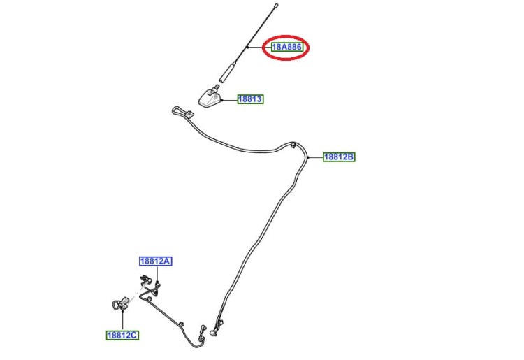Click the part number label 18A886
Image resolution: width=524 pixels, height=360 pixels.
(286, 47)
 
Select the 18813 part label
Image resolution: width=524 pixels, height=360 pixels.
(250, 99)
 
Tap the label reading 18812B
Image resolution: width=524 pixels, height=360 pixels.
(339, 157)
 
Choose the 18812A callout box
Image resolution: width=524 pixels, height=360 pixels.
(156, 261)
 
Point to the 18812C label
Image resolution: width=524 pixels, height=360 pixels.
(123, 336)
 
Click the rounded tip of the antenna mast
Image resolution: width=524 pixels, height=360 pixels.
(276, 6)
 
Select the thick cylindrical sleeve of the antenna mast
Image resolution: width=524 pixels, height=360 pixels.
(226, 72)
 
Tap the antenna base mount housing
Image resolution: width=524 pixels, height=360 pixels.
(210, 99)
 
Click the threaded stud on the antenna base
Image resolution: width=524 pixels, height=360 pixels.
(217, 87)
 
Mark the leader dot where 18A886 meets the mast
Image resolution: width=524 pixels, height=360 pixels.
(247, 48)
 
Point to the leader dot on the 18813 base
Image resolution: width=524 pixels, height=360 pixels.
(221, 99)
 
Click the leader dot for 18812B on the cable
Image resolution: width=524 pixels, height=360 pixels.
(308, 157)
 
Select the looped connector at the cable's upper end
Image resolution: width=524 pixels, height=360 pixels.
(182, 112)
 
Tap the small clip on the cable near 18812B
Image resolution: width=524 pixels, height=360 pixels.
(293, 145)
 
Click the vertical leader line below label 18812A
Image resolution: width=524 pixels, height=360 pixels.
(157, 274)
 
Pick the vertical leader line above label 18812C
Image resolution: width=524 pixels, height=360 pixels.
(123, 321)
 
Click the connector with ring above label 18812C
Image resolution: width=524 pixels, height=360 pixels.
(120, 303)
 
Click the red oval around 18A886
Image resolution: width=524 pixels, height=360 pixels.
(286, 48)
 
